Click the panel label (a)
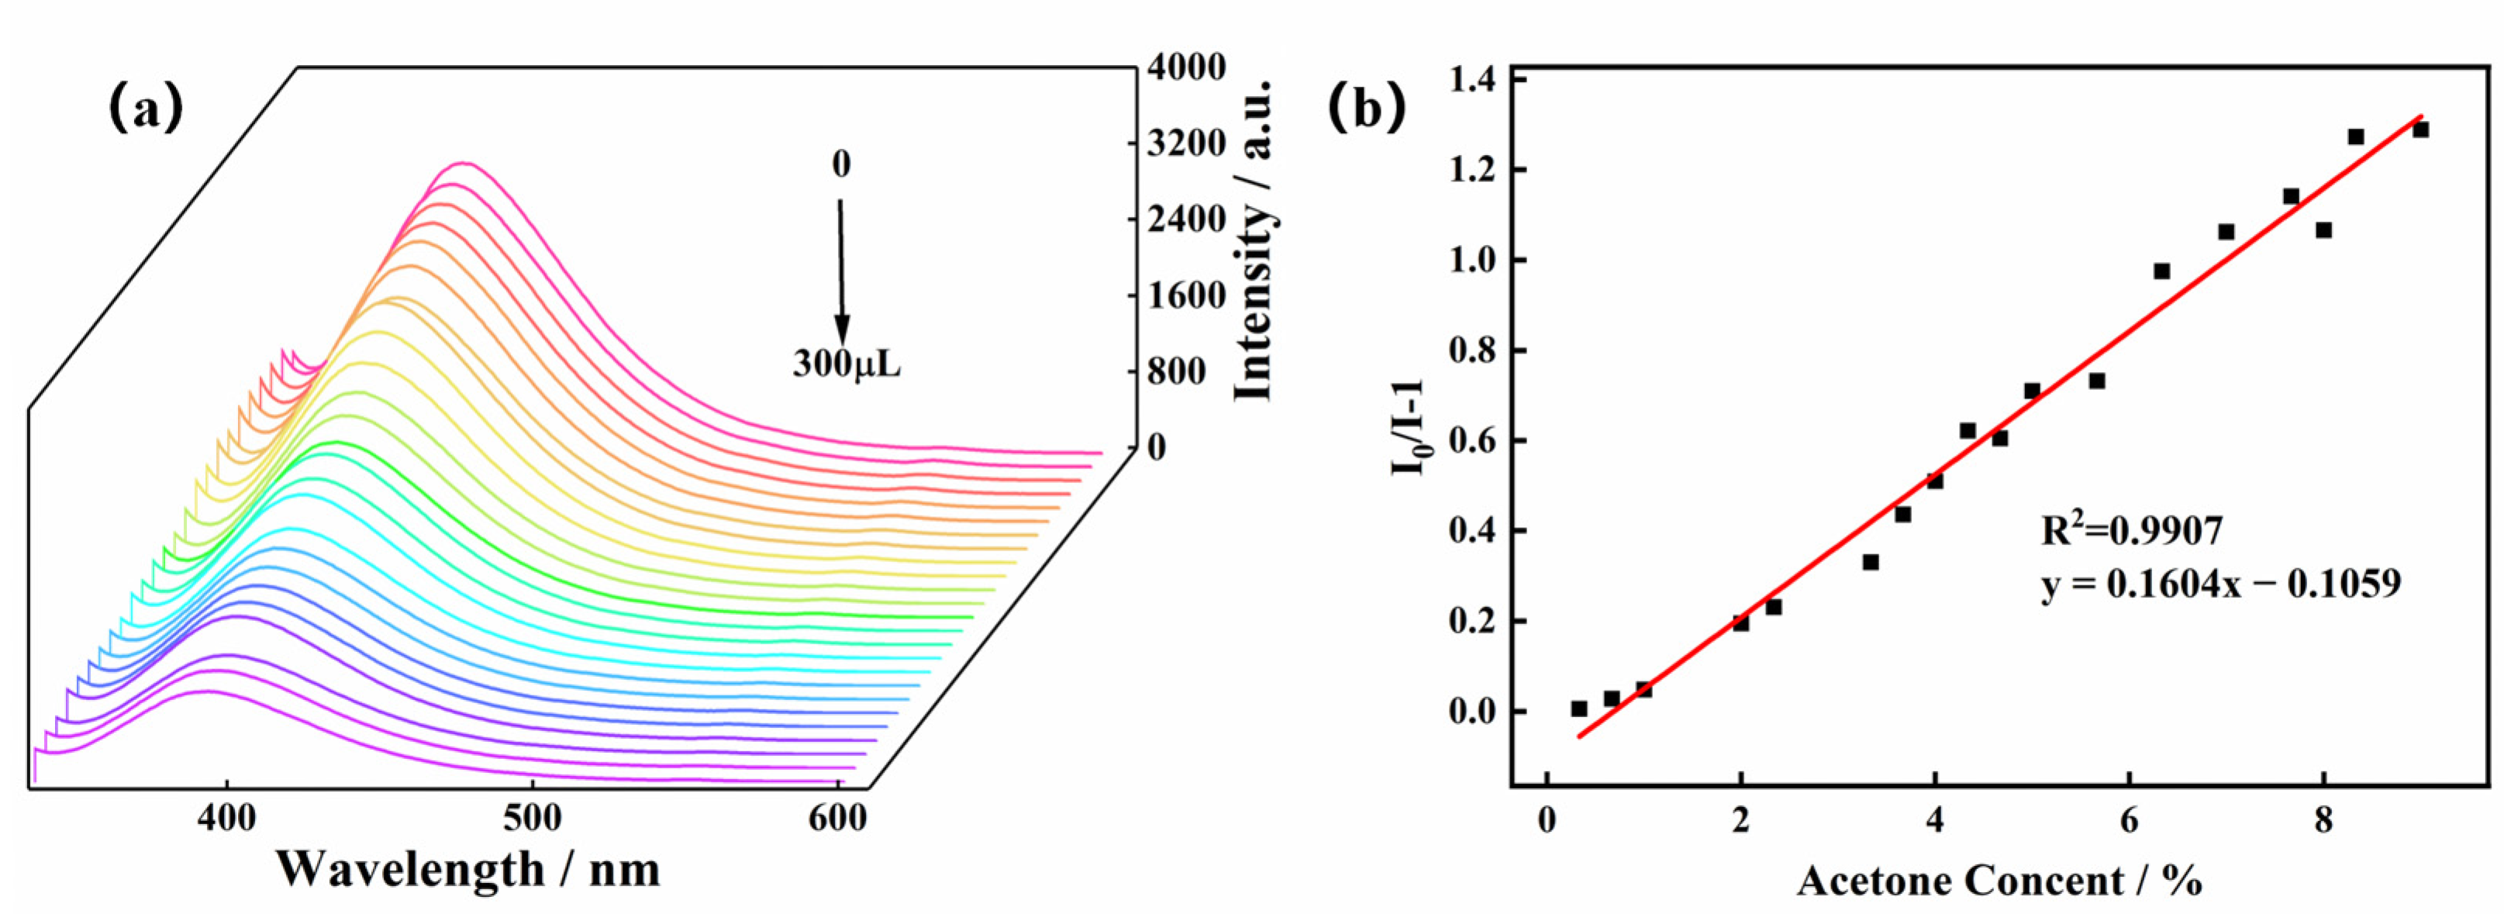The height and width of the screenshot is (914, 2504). (145, 108)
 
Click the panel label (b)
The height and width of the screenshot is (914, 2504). (1367, 108)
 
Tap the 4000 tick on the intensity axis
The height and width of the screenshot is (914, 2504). (1187, 67)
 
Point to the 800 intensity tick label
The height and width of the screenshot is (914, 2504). (1175, 371)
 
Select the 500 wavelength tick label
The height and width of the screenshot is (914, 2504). (532, 818)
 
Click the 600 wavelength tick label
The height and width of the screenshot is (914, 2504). (837, 818)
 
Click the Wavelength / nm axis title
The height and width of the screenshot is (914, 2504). (467, 868)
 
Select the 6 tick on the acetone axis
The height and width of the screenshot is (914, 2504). (2129, 818)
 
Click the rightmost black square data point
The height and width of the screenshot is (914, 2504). (2420, 129)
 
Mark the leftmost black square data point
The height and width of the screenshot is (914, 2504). (1578, 709)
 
